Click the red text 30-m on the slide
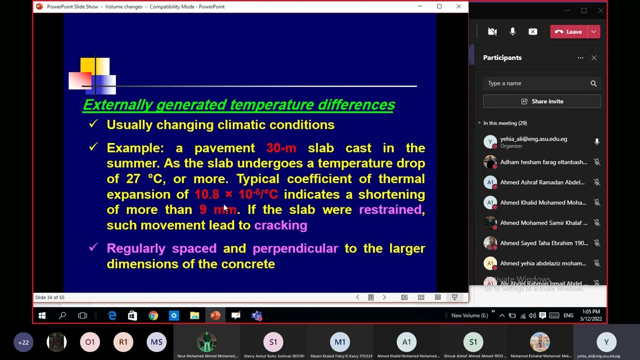point(281,148)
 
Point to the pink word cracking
point(280,225)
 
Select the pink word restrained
point(390,209)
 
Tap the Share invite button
point(542,101)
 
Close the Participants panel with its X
point(594,58)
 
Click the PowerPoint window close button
point(458,6)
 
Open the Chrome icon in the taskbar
point(153,315)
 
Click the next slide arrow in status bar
point(384,297)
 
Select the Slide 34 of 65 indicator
point(50,297)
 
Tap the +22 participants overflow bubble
point(23,342)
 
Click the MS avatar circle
point(156,342)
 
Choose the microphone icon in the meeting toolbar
point(512,31)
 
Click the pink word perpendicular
point(295,248)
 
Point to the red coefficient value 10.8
point(206,194)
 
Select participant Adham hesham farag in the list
point(543,162)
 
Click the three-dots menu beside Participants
point(580,58)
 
